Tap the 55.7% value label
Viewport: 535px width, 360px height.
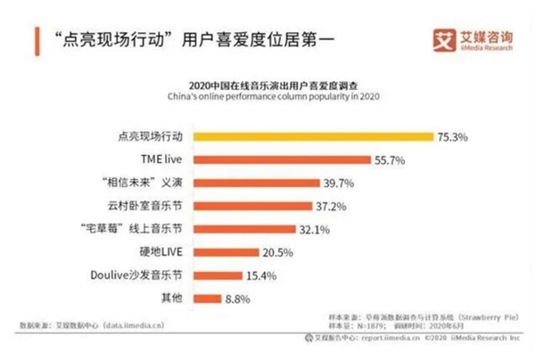click(x=389, y=160)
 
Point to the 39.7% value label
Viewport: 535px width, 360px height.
click(x=338, y=184)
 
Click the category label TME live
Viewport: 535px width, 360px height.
click(x=163, y=160)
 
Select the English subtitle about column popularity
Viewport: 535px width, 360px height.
click(x=267, y=96)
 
